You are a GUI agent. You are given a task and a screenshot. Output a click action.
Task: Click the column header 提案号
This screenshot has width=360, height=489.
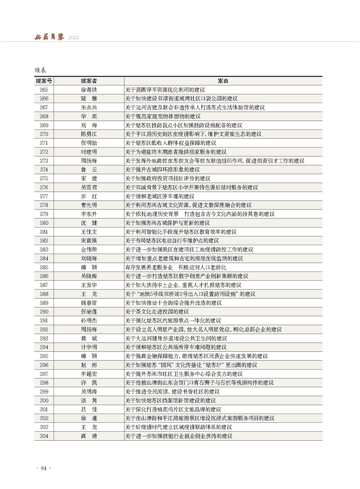coord(44,81)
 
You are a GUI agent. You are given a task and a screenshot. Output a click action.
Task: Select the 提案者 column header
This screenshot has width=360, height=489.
coord(89,81)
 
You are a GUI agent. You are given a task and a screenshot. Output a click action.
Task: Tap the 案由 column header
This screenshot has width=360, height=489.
coord(223,81)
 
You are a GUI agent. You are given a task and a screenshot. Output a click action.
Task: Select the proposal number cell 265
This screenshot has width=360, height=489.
coord(44,89)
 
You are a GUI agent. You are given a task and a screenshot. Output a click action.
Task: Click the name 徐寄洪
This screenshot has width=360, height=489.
coord(89,89)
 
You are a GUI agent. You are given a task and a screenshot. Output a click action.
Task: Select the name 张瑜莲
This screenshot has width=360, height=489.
coord(89,311)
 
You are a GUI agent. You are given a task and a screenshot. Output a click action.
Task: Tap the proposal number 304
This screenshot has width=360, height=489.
coord(44,436)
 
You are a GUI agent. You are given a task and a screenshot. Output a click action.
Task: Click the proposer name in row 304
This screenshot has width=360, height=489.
coord(89,436)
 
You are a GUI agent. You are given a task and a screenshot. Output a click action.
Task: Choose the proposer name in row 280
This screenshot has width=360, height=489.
coord(89,223)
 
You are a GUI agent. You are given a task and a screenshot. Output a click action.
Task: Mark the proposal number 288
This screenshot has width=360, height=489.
coord(44,294)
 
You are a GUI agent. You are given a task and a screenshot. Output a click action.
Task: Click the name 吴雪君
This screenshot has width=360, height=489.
coord(89,188)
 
